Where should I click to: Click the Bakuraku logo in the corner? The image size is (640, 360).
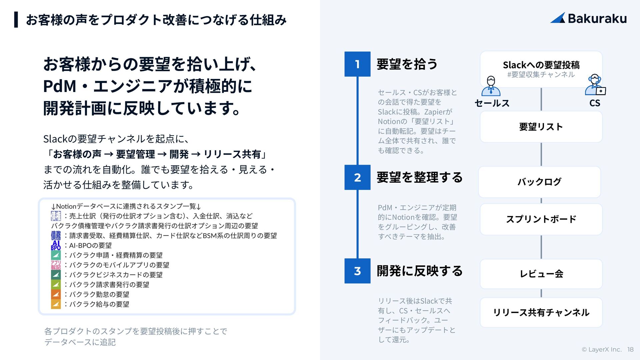589,18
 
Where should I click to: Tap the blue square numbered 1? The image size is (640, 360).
357,64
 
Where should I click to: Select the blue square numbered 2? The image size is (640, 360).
357,177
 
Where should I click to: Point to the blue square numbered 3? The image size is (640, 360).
357,271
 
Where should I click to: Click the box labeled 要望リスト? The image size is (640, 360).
541,127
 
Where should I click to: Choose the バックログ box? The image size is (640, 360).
539,182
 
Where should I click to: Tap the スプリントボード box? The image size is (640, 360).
541,219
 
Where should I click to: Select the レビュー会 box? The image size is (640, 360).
541,274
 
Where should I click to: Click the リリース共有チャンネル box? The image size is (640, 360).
541,313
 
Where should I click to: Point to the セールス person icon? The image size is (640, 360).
491,86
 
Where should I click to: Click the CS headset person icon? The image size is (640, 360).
595,85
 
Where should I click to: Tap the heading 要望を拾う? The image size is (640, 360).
407,64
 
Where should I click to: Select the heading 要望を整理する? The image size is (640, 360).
419,177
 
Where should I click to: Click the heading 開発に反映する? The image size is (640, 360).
419,271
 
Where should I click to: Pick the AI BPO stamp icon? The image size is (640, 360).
56,245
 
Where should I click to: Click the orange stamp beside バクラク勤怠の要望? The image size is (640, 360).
56,294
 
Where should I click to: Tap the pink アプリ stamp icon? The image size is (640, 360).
56,265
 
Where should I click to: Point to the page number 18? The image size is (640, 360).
630,349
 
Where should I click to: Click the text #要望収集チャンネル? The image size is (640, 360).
541,75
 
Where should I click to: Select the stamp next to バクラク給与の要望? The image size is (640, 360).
56,304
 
